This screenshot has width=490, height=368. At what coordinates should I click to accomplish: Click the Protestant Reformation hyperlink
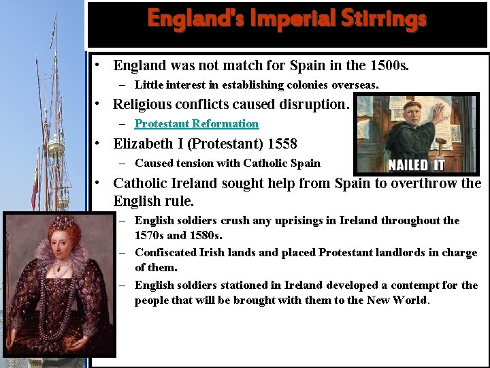click(x=197, y=123)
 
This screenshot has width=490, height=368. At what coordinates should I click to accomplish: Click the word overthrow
click(x=426, y=183)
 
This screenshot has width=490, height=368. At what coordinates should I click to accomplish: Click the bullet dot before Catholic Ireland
click(x=99, y=183)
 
